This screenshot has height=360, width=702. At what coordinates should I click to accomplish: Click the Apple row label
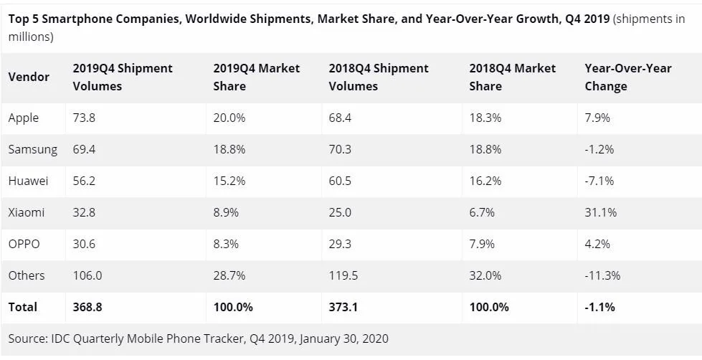point(24,118)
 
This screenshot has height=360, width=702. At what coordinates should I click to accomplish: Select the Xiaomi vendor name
point(26,212)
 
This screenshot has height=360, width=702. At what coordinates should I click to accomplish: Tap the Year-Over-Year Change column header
point(628,77)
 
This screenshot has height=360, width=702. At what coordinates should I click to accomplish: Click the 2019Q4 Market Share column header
point(257,77)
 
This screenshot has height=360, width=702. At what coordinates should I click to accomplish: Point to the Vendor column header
point(29,77)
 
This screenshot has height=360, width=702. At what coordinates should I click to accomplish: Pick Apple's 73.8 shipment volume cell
point(84,118)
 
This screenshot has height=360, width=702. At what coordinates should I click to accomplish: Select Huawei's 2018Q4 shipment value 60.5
point(340,181)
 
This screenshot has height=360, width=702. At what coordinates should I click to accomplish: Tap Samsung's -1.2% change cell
point(599,149)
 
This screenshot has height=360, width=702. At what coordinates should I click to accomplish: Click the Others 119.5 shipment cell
point(343,275)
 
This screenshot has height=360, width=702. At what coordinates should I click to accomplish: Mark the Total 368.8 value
point(87,307)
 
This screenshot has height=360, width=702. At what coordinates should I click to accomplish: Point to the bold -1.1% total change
point(600,307)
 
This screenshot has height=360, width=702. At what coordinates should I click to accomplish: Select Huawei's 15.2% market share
point(229,181)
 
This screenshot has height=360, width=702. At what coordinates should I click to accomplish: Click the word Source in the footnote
point(28,338)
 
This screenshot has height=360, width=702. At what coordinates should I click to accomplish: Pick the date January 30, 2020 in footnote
point(343,338)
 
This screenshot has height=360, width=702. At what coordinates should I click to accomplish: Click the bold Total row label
point(23,307)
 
